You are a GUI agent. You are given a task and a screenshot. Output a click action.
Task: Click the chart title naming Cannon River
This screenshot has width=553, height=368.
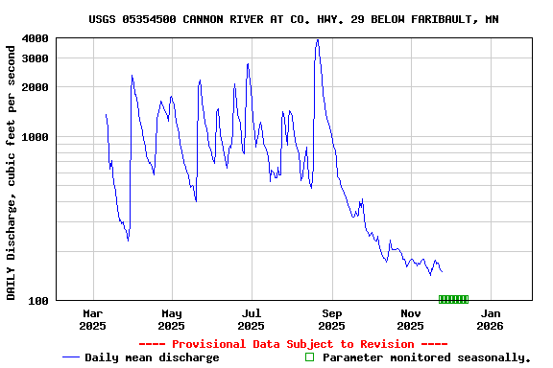(293, 19)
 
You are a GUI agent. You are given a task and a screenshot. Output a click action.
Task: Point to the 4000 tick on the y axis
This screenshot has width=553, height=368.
(36, 38)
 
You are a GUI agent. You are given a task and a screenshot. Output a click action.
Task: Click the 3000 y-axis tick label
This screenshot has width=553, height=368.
(36, 58)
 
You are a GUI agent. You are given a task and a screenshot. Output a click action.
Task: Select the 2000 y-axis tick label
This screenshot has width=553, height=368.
(36, 87)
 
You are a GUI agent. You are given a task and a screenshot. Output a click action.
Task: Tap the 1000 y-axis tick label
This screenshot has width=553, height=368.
(36, 137)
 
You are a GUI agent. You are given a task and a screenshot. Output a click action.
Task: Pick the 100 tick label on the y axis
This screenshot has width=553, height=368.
(38, 301)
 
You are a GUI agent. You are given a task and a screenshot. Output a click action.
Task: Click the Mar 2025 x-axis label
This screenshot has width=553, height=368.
(93, 319)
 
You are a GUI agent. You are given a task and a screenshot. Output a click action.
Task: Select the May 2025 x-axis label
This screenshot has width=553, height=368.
(172, 319)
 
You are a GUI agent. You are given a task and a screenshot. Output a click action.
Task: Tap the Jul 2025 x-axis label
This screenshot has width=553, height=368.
(252, 319)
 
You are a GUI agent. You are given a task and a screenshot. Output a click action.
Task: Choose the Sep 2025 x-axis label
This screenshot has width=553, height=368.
(331, 319)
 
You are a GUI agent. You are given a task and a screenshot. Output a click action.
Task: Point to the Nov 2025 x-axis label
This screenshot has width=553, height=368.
(411, 319)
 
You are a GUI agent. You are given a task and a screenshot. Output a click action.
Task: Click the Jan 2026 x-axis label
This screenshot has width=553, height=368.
(490, 319)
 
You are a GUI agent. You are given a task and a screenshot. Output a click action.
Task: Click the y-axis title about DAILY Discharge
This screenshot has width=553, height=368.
(12, 170)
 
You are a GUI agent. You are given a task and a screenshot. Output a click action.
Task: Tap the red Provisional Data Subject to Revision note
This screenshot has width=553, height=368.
(293, 343)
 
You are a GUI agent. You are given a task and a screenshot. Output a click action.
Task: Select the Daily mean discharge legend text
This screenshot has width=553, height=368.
(152, 357)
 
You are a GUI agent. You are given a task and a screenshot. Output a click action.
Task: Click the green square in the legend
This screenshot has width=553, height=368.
(309, 357)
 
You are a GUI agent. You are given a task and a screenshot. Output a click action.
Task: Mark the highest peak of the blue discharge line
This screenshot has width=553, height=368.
(317, 40)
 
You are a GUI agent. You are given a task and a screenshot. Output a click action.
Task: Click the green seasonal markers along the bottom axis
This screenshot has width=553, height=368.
(453, 299)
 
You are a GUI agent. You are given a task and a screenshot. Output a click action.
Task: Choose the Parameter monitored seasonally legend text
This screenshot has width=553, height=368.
(426, 357)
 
